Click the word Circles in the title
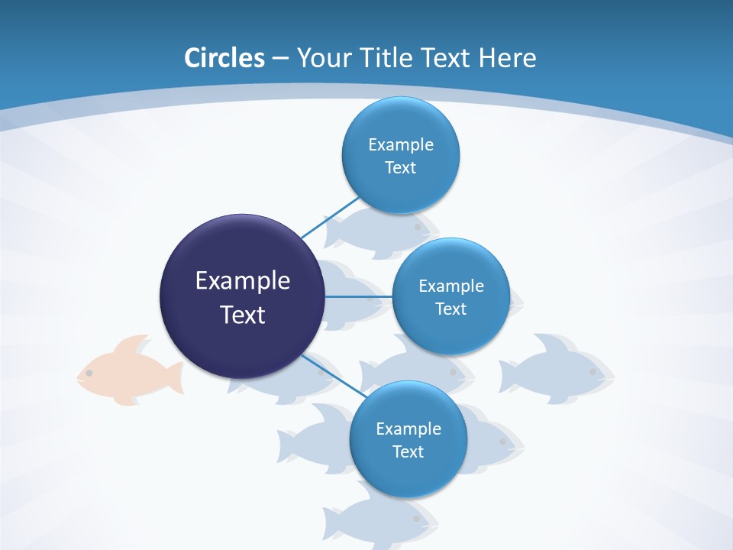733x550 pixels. pos(224,58)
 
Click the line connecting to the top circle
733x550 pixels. pos(330,217)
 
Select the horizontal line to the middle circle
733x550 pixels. pos(359,296)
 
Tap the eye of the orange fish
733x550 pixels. pos(89,373)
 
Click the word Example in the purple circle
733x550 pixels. pos(243,280)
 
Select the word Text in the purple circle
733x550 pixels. pos(243,315)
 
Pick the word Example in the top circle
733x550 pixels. pos(401,144)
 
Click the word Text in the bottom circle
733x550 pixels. pos(408,451)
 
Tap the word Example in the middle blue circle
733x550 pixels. pos(451,286)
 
